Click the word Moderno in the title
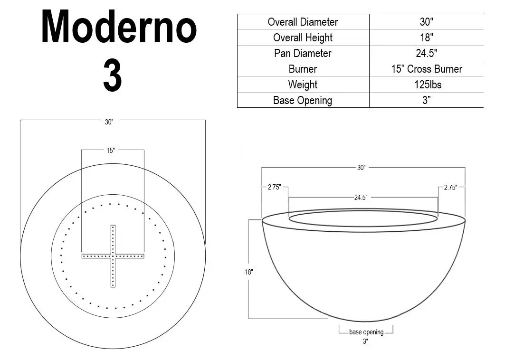pyautogui.click(x=119, y=27)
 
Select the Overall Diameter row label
pyautogui.click(x=303, y=22)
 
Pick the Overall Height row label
pyautogui.click(x=303, y=38)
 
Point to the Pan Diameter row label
pyautogui.click(x=303, y=53)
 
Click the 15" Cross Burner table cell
pyautogui.click(x=426, y=69)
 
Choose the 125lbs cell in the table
pyautogui.click(x=426, y=85)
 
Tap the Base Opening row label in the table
pyautogui.click(x=303, y=100)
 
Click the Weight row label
pyautogui.click(x=303, y=85)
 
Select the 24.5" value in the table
pyautogui.click(x=426, y=53)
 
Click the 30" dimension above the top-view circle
pyautogui.click(x=109, y=122)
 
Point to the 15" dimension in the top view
pyautogui.click(x=110, y=151)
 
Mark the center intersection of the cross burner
pyautogui.click(x=113, y=256)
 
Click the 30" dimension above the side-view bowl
pyautogui.click(x=361, y=168)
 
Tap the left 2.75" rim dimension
pyautogui.click(x=274, y=188)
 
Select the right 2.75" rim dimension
pyautogui.click(x=450, y=188)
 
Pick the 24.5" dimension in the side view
pyautogui.click(x=361, y=198)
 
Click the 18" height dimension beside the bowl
pyautogui.click(x=249, y=272)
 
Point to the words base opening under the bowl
pyautogui.click(x=366, y=332)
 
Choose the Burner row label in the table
pyautogui.click(x=303, y=69)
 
